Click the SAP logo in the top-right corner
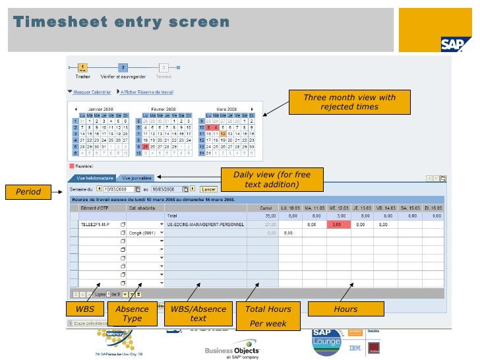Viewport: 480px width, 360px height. (x=455, y=43)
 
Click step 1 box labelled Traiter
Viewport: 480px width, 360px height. (x=83, y=67)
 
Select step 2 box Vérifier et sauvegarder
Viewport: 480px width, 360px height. (x=123, y=67)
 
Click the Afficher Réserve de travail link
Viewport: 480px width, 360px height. (x=146, y=92)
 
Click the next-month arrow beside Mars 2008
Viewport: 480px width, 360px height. (x=251, y=109)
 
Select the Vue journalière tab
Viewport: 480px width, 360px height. (x=137, y=178)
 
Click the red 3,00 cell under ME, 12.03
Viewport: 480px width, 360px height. (x=336, y=224)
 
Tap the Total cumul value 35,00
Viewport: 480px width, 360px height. (x=270, y=216)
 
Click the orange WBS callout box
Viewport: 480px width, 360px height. (x=85, y=309)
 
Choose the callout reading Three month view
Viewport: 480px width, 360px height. (x=349, y=102)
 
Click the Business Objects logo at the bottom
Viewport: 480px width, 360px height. (x=232, y=348)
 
